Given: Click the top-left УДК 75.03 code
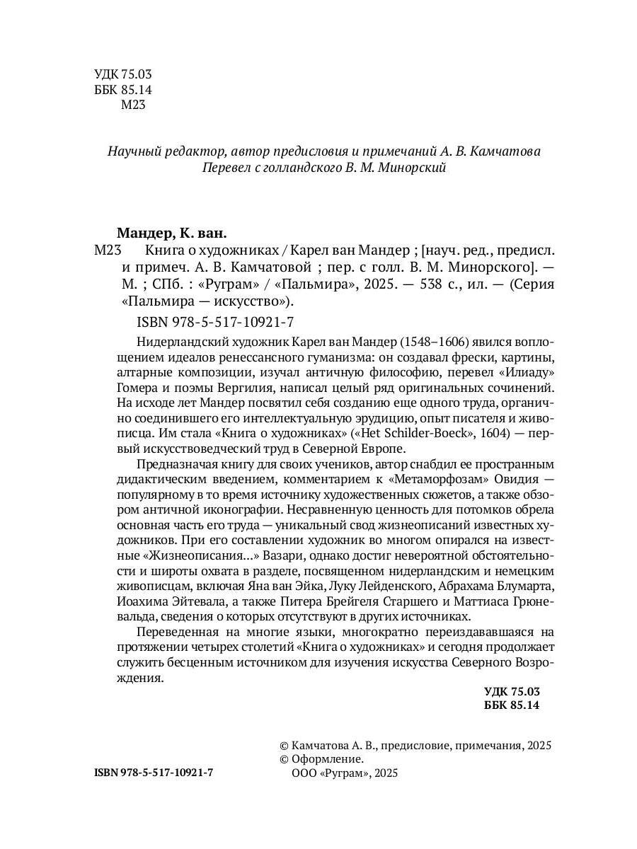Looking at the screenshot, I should [123, 75].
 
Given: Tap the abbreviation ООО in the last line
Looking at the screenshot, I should [305, 773].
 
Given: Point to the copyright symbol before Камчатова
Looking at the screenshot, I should [285, 744].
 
